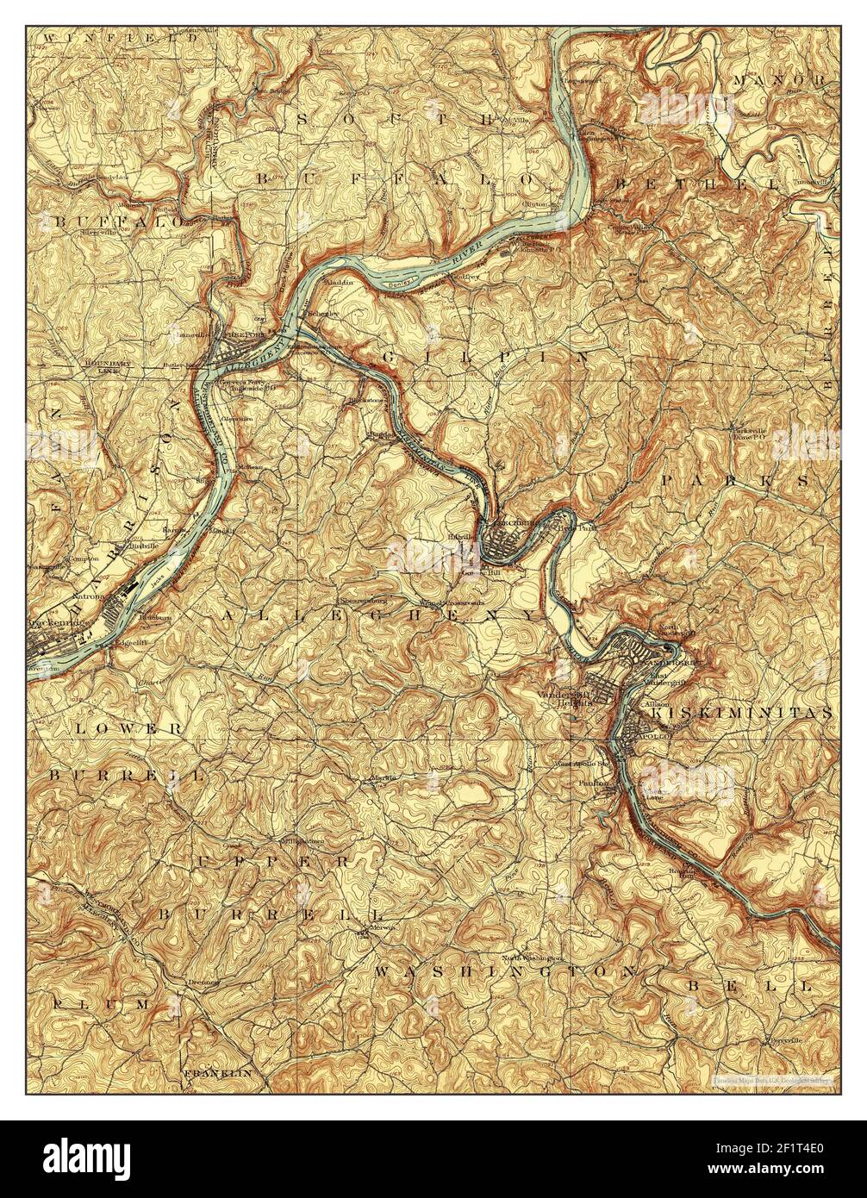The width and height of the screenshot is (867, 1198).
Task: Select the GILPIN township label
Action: click(x=483, y=355)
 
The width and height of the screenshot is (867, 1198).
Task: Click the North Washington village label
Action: click(x=533, y=957)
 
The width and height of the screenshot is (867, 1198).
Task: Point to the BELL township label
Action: click(x=749, y=983)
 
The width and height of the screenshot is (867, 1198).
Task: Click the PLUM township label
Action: click(x=101, y=1005)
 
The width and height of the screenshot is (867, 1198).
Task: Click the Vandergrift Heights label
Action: click(x=566, y=698)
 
